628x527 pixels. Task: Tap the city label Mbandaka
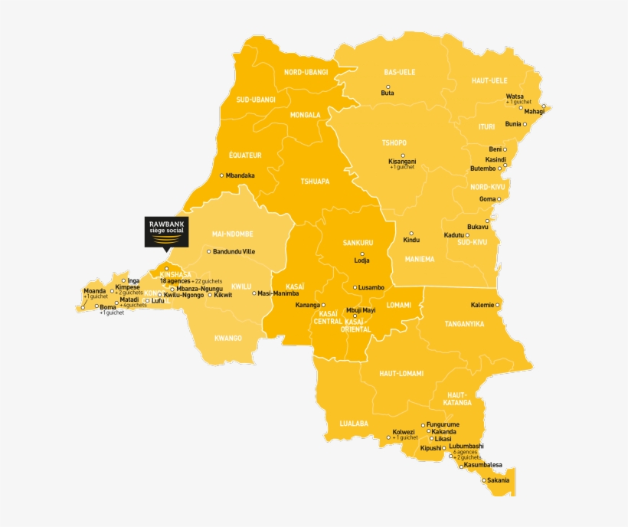[x=240, y=175]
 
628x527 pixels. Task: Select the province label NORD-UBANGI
[x=306, y=72]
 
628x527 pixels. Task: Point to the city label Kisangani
[x=402, y=162]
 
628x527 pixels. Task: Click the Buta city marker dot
[x=388, y=87]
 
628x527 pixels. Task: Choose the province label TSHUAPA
[x=315, y=182]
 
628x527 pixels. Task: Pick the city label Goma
[x=487, y=199]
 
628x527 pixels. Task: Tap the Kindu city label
[x=411, y=241]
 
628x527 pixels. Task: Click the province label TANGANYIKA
[x=464, y=324]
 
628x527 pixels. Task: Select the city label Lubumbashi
[x=466, y=446]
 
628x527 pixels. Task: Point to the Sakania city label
[x=498, y=480]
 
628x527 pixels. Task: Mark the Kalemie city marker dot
[x=498, y=305]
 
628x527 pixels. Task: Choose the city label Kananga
[x=307, y=305]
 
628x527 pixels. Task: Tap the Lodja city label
[x=361, y=260]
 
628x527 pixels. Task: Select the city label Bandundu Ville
[x=234, y=251]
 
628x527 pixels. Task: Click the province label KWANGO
[x=228, y=338]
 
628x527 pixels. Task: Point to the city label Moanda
[x=95, y=291]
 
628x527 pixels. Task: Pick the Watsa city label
[x=515, y=96]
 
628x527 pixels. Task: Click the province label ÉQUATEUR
[x=245, y=155]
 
